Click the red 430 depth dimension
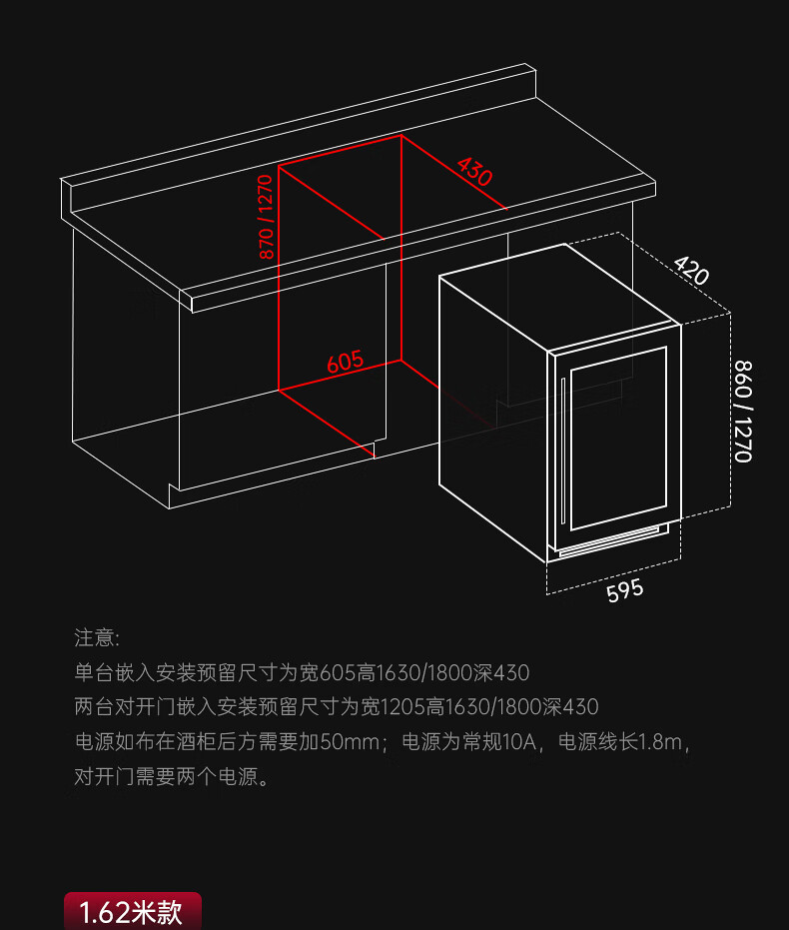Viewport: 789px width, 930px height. tap(474, 172)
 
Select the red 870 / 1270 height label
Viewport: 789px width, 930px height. tap(266, 218)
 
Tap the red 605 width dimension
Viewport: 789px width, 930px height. tap(346, 361)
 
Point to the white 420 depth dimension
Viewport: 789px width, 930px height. tap(691, 269)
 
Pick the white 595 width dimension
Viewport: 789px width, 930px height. tap(625, 590)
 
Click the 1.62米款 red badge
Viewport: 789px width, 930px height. tap(133, 912)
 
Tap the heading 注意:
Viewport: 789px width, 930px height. tap(97, 637)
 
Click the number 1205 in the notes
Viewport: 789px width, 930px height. tap(403, 707)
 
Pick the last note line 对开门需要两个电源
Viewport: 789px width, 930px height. tap(172, 777)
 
